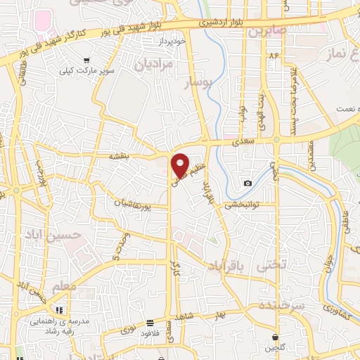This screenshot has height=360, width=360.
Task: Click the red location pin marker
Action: click(181, 165)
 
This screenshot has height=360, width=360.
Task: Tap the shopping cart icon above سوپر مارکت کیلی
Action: click(86, 60)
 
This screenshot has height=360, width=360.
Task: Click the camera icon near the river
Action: click(247, 184)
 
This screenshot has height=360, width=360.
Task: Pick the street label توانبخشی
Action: click(242, 205)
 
